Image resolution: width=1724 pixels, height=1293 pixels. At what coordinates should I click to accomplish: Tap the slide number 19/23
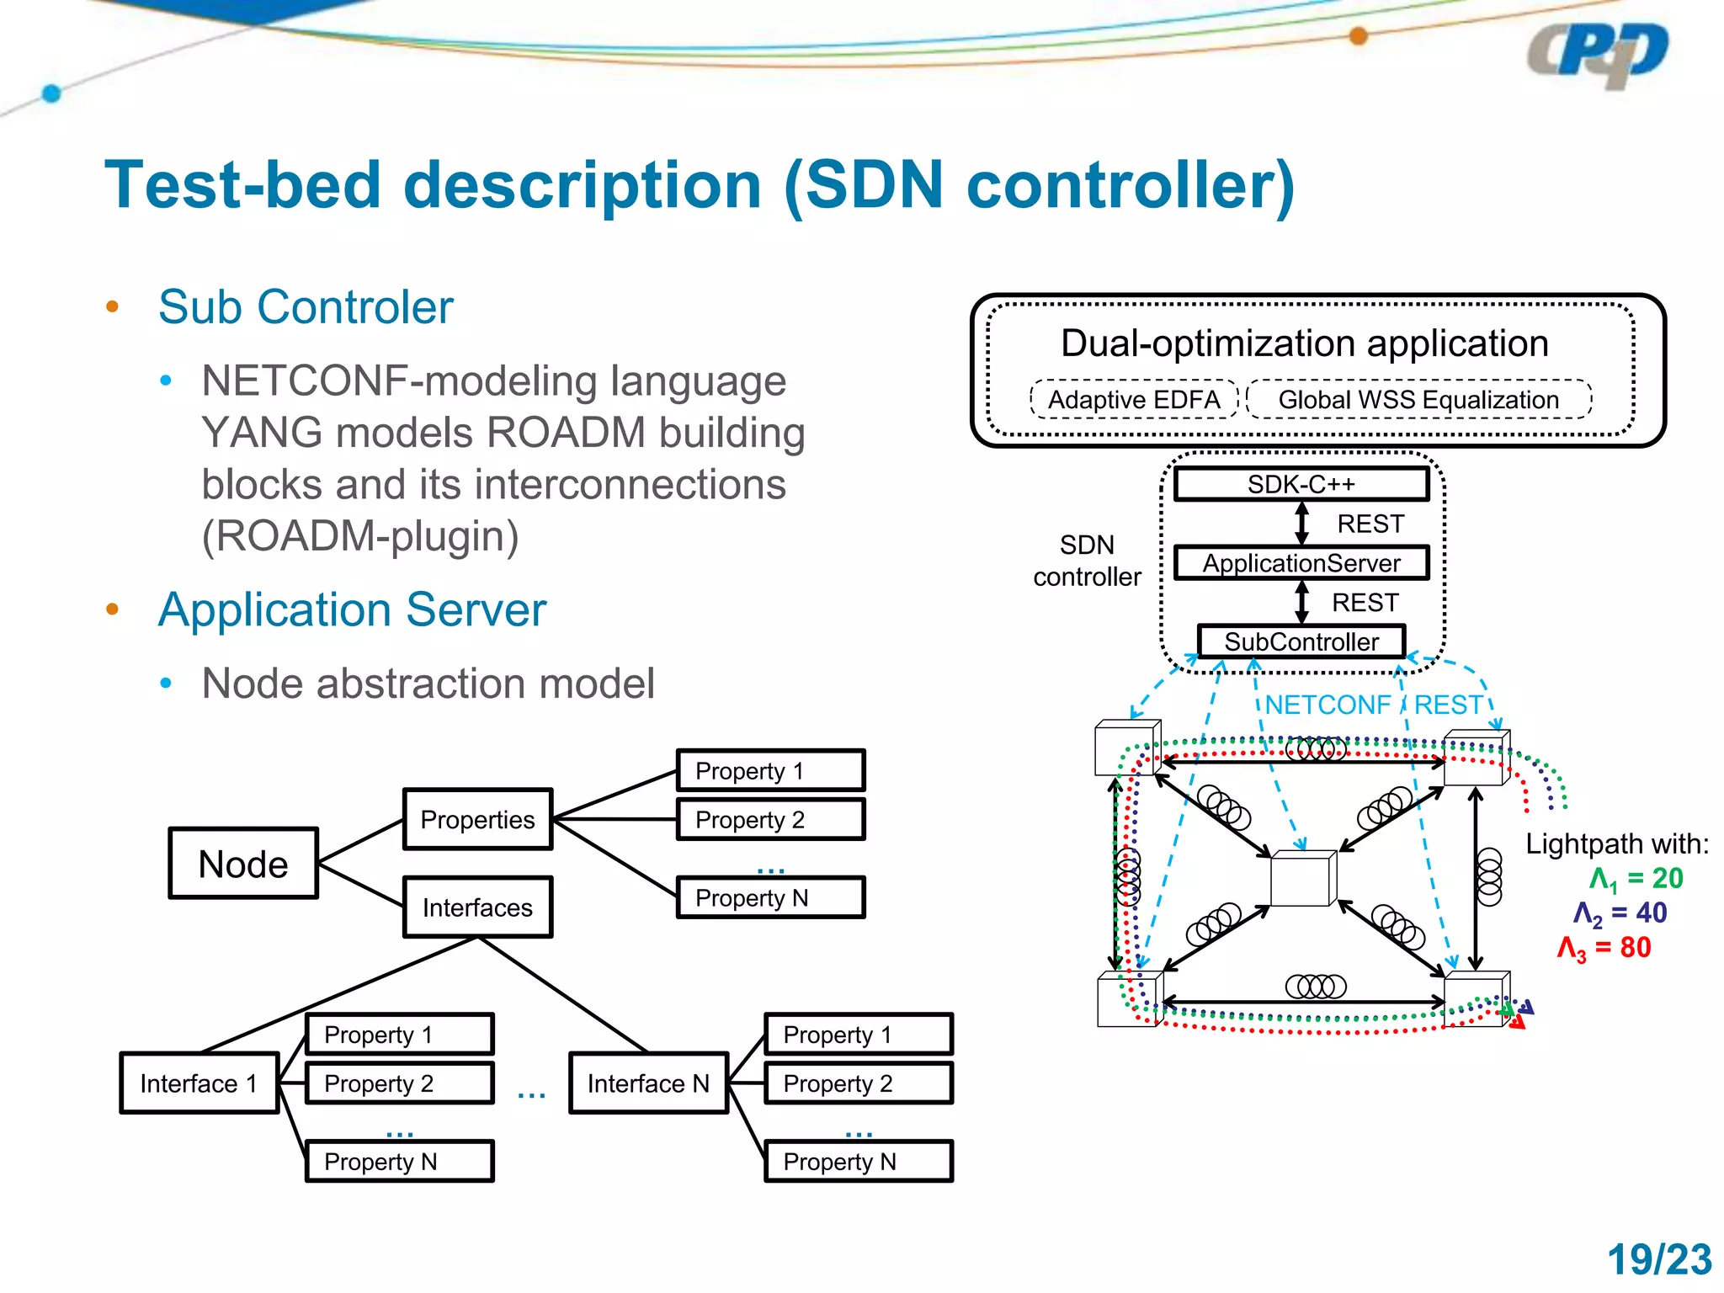[x=1659, y=1260]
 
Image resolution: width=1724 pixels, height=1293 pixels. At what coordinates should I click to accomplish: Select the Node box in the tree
[x=243, y=864]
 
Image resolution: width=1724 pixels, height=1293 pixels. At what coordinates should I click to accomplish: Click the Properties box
[x=477, y=819]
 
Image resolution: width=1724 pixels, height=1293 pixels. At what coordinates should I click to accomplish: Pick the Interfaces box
[x=477, y=907]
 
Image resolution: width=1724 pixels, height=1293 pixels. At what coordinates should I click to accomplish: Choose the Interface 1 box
[x=199, y=1083]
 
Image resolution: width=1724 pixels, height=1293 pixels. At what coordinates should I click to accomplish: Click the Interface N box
[x=648, y=1083]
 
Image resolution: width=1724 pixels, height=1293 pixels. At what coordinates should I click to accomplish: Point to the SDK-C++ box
[x=1301, y=484]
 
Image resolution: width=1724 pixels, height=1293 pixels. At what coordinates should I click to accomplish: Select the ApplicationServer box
[x=1301, y=563]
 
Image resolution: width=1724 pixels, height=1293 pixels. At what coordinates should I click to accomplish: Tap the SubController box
[x=1301, y=641]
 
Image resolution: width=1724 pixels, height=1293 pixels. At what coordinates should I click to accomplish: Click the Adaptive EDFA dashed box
[x=1134, y=399]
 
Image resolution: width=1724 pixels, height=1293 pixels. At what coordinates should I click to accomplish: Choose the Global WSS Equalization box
[x=1418, y=399]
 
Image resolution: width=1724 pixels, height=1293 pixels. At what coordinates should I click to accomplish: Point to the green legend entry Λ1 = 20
[x=1635, y=879]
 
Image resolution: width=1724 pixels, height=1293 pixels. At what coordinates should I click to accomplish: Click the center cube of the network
[x=1302, y=879]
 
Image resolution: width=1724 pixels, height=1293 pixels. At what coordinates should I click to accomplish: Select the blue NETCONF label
[x=1328, y=705]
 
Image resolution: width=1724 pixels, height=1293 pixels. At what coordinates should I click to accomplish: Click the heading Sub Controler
[x=306, y=306]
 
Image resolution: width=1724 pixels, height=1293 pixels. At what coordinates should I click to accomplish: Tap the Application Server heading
[x=352, y=609]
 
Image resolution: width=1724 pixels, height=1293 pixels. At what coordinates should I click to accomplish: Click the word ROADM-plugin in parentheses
[x=360, y=536]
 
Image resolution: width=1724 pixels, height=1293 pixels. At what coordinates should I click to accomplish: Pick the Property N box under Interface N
[x=858, y=1162]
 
